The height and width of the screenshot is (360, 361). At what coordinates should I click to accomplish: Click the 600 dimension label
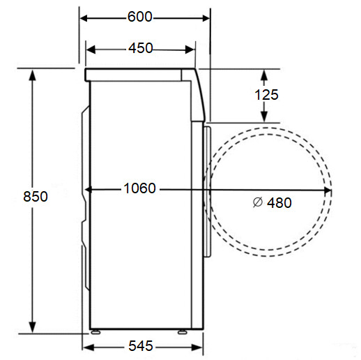click(x=140, y=17)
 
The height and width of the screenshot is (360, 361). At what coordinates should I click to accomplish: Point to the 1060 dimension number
click(x=139, y=188)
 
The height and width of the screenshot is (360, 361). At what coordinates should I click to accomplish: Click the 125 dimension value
click(x=266, y=96)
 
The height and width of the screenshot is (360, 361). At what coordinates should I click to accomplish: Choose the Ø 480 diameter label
click(x=272, y=202)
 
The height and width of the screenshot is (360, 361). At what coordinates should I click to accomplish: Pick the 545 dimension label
click(x=141, y=347)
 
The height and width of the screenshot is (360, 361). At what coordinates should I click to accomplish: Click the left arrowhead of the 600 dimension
click(x=82, y=17)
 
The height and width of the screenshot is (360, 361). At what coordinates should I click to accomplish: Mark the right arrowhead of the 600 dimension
click(x=206, y=17)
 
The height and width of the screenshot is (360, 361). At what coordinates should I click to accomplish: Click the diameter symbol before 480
click(x=256, y=202)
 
